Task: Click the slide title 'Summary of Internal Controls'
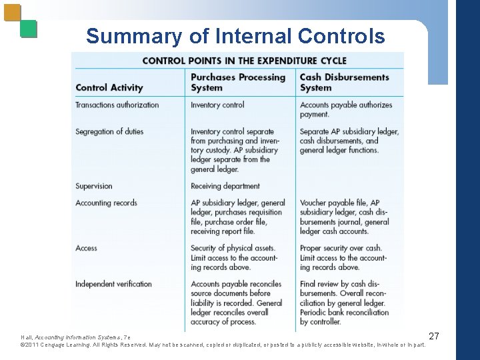[x=235, y=36]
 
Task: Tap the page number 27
[x=433, y=336]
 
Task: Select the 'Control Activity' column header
[x=109, y=87]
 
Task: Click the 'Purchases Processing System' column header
[x=238, y=82]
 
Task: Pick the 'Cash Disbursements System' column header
[x=344, y=82]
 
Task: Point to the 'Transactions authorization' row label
[x=117, y=105]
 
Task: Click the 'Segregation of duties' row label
[x=109, y=131]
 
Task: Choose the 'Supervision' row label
[x=94, y=186]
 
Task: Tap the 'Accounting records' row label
[x=106, y=203]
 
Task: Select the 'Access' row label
[x=87, y=248]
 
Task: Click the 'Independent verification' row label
[x=113, y=284]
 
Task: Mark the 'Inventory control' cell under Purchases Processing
[x=217, y=105]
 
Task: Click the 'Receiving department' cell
[x=225, y=186]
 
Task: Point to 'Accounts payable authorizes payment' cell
[x=346, y=109]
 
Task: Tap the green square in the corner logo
[x=29, y=29]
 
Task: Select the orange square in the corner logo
[x=13, y=13]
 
